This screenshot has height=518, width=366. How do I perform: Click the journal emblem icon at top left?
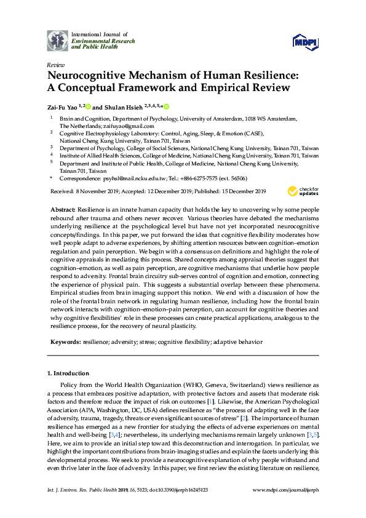point(57,41)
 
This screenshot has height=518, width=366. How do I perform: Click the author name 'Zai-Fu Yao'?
point(63,106)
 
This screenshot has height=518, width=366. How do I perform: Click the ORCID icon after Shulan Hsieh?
point(165,105)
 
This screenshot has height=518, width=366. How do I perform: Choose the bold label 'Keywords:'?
point(65,341)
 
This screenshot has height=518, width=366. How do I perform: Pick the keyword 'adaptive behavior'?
point(237,341)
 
